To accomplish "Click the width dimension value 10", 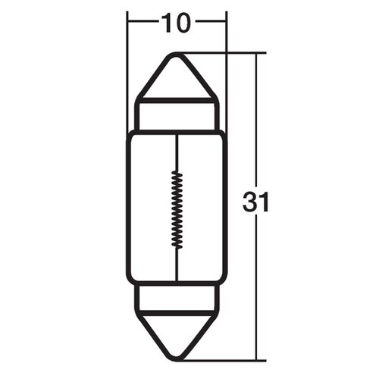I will (176, 23).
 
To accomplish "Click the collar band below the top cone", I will (177, 114).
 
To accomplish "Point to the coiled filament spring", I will (177, 206).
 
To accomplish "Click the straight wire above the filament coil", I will (177, 152).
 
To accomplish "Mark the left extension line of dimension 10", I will (127, 68).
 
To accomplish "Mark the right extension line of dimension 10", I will (227, 68).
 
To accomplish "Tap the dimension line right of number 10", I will (211, 24).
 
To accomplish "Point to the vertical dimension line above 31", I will (258, 121).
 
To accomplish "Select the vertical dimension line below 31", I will (258, 288).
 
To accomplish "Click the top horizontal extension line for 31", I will (227, 53).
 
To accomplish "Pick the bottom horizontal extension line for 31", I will (227, 359).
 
